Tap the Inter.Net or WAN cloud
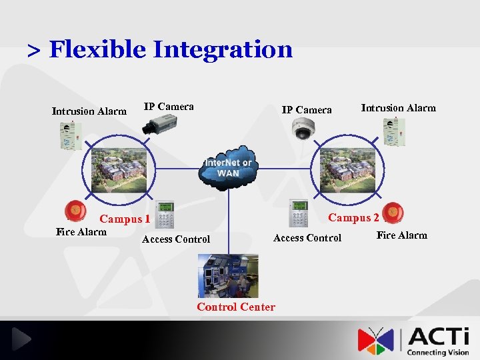click(228, 167)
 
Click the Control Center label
click(235, 307)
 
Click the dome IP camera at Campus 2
click(303, 128)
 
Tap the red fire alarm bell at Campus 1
click(74, 212)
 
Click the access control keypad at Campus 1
click(164, 215)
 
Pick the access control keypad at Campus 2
click(298, 213)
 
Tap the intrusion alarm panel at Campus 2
click(394, 132)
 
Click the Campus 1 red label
click(125, 219)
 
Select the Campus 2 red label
click(353, 217)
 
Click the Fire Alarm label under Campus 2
click(401, 235)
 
